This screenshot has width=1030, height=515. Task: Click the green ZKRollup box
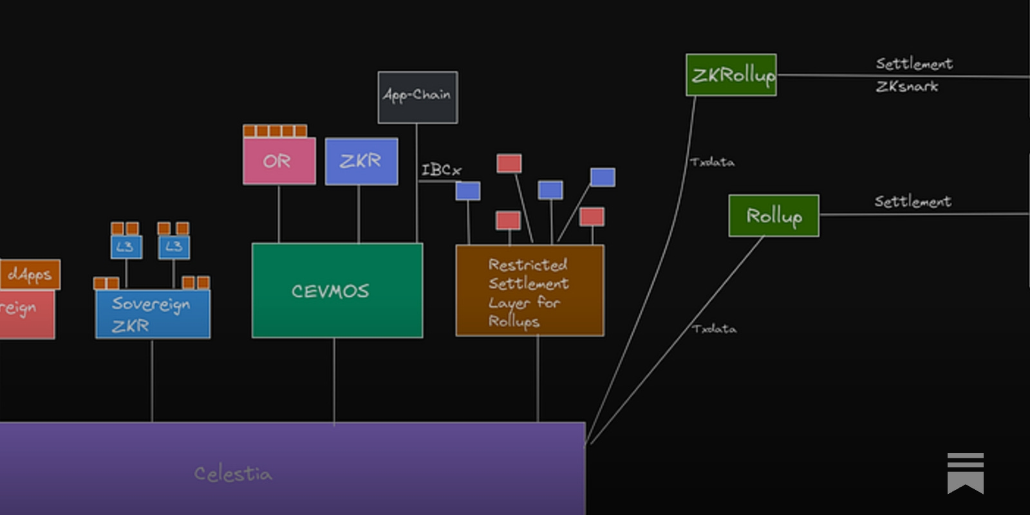point(731,75)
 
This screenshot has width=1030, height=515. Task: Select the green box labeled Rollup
point(773,216)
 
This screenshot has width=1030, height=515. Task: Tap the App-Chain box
point(417,97)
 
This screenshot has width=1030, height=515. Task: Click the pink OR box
point(279,161)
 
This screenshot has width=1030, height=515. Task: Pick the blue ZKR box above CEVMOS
point(361,161)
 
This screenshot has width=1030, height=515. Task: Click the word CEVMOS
point(330,291)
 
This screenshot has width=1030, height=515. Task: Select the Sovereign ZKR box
point(153,314)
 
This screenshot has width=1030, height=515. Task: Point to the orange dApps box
point(30,275)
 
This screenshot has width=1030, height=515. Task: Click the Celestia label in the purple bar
point(233,474)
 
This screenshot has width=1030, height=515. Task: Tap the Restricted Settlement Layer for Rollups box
point(529,291)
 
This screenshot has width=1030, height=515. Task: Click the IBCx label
point(441,170)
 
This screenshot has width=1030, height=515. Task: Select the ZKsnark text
point(906,86)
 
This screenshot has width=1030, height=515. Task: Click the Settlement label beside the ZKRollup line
point(913,63)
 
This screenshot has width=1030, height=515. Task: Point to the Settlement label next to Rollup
point(912,201)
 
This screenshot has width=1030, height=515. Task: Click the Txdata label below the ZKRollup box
point(712,162)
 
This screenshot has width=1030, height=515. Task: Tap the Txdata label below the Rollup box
point(714,329)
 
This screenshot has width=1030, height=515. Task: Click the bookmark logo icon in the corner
point(965,473)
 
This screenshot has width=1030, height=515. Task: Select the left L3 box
point(126,247)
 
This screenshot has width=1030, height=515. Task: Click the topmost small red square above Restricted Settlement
point(509,163)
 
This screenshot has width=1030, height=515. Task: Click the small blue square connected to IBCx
point(468,191)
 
